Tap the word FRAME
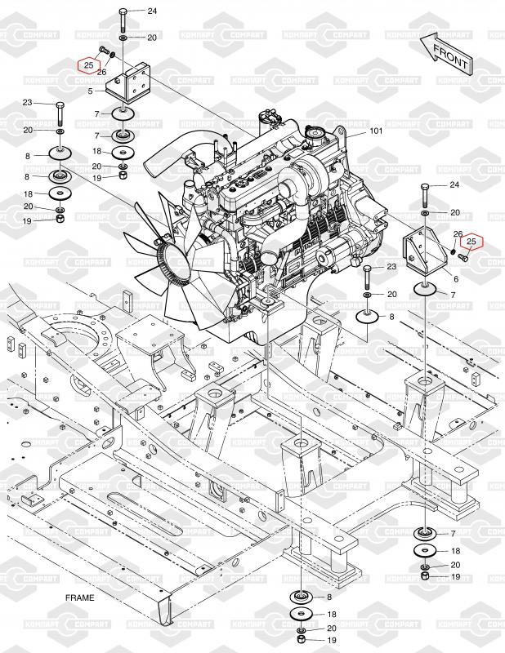coord(79,597)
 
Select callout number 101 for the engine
coord(376,131)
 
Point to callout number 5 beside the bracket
coord(90,91)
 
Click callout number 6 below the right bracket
coord(456,279)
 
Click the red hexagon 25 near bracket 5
coord(89,65)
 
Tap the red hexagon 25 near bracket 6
coord(471,241)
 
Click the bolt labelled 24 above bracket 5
coord(124,20)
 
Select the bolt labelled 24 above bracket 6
coord(425,195)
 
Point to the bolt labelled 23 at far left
coord(60,113)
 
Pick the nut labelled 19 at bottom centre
coord(301,640)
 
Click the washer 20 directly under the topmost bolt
coord(124,38)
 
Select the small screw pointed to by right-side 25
coord(463,257)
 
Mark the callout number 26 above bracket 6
coord(458,234)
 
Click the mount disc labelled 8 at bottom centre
coord(302,597)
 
